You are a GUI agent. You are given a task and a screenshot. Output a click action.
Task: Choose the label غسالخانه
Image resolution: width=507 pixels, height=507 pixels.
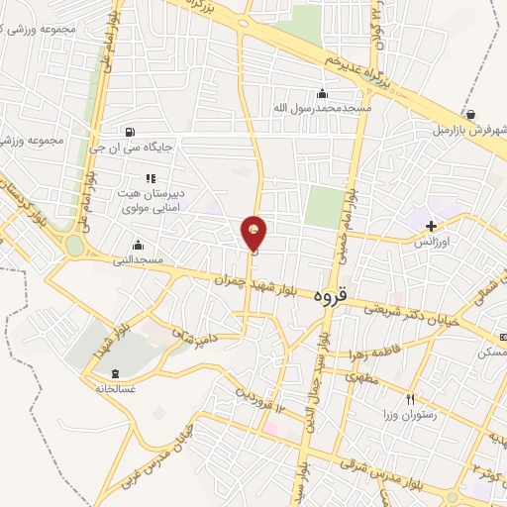coord(116,389)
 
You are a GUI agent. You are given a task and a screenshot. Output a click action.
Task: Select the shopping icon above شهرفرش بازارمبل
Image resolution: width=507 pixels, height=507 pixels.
coord(468,114)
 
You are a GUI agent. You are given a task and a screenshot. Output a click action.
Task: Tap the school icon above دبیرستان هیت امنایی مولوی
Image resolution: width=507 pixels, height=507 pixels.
coord(151,178)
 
